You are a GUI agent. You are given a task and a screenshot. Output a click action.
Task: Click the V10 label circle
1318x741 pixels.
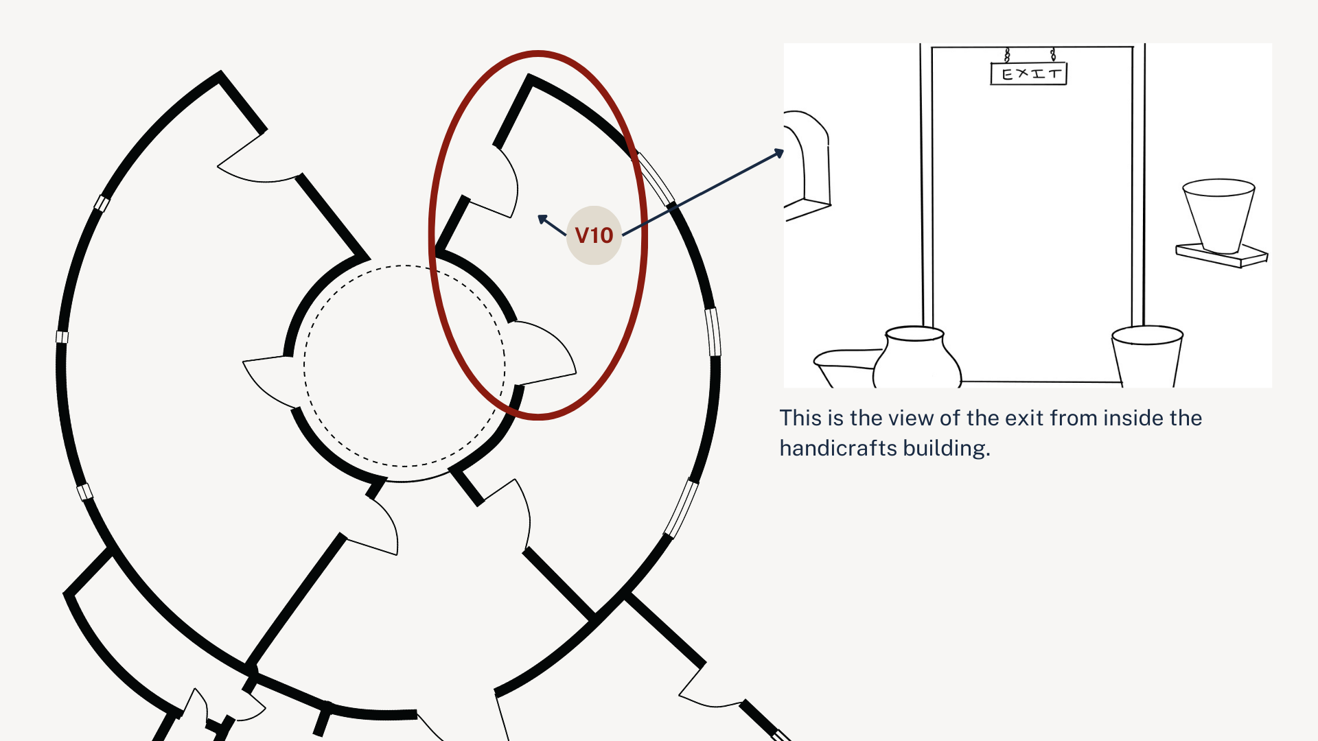(594, 235)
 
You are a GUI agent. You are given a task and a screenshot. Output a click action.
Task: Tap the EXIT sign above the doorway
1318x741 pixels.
(1028, 73)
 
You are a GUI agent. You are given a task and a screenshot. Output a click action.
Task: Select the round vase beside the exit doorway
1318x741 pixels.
(916, 357)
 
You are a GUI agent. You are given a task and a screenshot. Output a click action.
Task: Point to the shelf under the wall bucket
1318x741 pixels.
(1222, 255)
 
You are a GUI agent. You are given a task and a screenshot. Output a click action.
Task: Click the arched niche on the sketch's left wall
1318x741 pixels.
(807, 165)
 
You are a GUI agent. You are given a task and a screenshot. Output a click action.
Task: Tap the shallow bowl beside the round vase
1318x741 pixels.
(846, 368)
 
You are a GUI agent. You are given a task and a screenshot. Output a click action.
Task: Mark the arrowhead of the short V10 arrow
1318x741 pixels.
(542, 220)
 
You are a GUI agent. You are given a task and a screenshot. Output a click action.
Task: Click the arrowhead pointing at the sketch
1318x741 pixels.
(779, 153)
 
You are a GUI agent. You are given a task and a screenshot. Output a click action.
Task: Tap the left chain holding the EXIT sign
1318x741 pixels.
(1007, 55)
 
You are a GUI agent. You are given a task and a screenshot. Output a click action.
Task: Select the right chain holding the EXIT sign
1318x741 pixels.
(1053, 55)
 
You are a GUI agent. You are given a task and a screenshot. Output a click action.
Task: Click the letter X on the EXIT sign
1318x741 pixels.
(1021, 73)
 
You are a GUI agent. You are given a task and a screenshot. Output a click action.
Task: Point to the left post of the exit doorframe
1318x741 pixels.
(926, 185)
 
